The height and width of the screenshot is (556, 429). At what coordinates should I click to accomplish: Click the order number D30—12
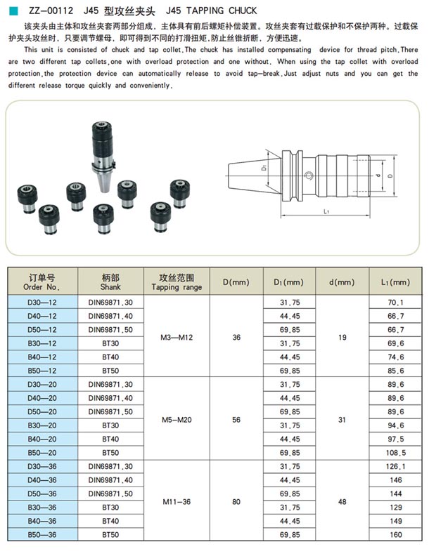point(41,302)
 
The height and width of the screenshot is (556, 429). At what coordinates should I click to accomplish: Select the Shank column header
point(110,282)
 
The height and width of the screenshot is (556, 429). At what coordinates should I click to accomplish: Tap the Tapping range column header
point(177,282)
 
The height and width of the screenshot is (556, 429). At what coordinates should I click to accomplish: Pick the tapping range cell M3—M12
point(177,336)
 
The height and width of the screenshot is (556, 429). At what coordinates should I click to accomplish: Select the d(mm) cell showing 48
point(342,501)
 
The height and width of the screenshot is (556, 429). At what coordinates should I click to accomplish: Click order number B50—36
point(41,534)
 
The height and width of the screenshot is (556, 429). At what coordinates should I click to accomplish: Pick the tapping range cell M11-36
point(177,501)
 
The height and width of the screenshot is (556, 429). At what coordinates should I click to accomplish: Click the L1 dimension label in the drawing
point(328,211)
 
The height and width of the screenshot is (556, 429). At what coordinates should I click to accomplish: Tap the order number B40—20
point(41,439)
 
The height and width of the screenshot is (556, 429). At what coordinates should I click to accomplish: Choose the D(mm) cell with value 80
point(236,501)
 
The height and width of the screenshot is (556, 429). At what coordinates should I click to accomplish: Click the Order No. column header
point(41,282)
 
